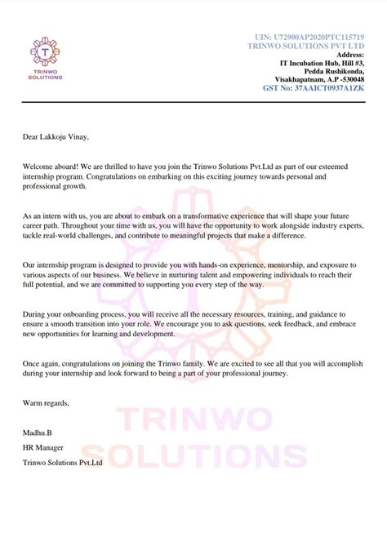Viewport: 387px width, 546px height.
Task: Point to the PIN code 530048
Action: point(349,78)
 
